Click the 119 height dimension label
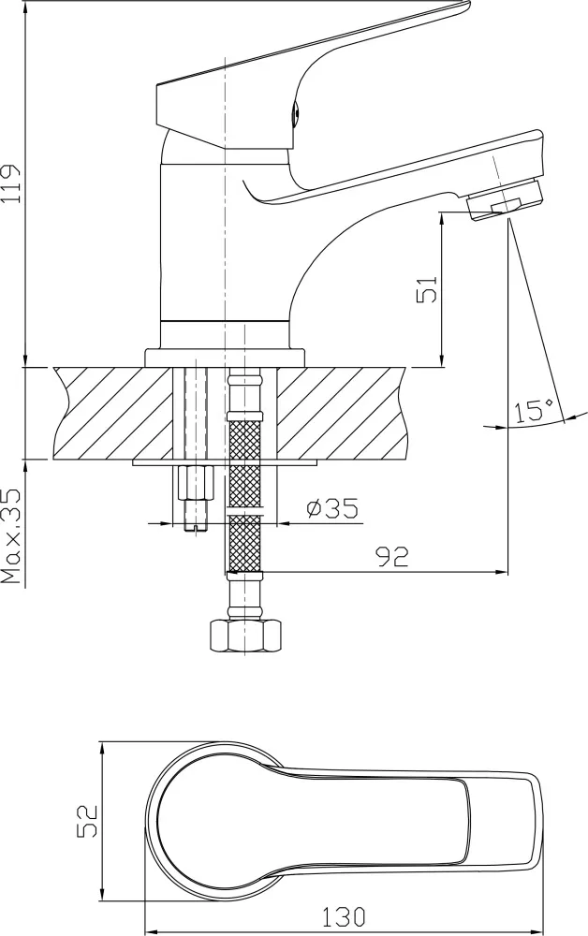[13, 183]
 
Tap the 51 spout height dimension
[428, 289]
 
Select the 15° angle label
[535, 410]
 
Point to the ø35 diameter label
[331, 508]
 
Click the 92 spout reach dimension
[392, 556]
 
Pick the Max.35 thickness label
[11, 536]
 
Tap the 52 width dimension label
[87, 821]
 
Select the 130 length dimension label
[344, 915]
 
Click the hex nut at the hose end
[244, 636]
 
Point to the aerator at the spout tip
[507, 200]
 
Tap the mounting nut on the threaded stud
[195, 484]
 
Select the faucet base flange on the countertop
[225, 358]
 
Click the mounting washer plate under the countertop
[225, 462]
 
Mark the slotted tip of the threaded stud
[196, 526]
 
